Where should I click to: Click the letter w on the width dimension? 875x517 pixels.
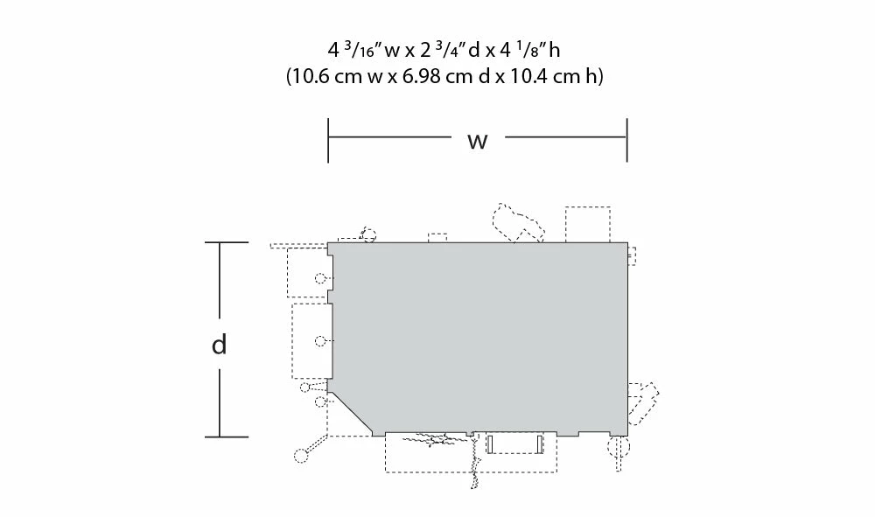pos(478,141)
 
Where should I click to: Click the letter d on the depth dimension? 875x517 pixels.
pos(220,344)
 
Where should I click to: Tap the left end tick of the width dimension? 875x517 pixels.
pos(328,140)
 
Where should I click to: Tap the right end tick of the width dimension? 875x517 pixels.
pos(627,140)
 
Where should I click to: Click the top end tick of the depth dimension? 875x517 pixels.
pos(227,242)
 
